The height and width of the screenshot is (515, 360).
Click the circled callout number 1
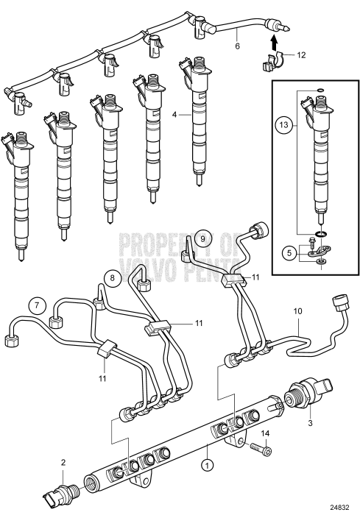tap(208, 465)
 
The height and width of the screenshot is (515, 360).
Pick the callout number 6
tap(237, 46)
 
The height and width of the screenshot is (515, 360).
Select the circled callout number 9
tap(205, 238)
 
